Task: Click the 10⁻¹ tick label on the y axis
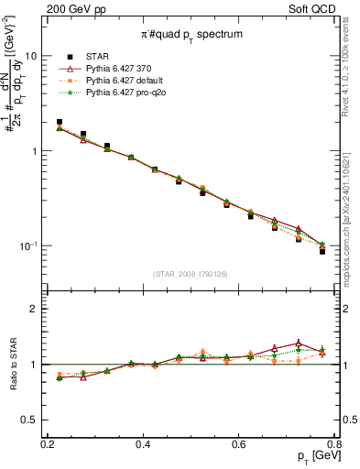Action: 27,246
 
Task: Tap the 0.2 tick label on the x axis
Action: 48,444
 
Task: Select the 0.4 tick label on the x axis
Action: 143,444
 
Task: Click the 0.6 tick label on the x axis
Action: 239,444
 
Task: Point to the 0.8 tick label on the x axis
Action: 334,444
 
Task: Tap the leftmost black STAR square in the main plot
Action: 60,122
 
